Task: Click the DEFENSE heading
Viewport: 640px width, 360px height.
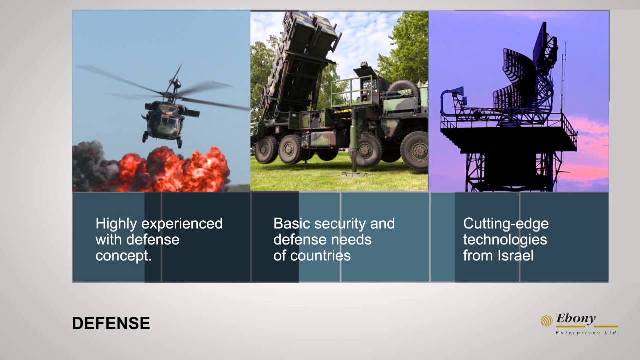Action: [x=111, y=323]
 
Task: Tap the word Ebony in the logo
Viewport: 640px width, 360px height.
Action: [x=575, y=319]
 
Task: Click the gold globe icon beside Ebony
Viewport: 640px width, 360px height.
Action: [x=547, y=321]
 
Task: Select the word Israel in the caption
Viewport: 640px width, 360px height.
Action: [x=515, y=255]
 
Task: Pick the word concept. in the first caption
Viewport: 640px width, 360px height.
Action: [x=123, y=256]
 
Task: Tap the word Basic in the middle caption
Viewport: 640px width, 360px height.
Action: [x=291, y=223]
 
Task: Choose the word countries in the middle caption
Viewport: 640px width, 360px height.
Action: [x=320, y=255]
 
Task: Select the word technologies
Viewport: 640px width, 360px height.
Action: [x=505, y=240]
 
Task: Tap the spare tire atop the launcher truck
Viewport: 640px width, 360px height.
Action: [x=403, y=88]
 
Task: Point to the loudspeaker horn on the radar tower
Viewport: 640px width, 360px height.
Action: [x=455, y=92]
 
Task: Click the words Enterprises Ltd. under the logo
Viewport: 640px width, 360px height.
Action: [x=587, y=333]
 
